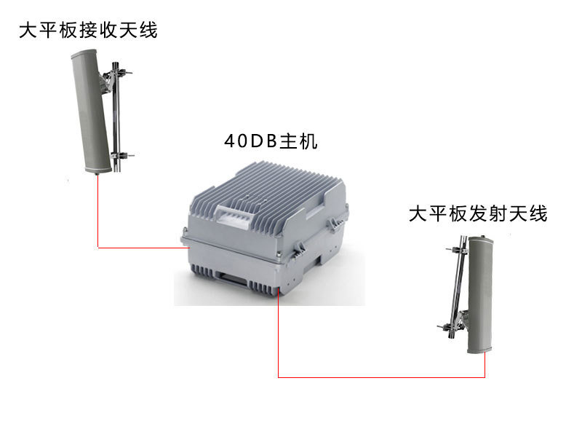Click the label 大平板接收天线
click(x=88, y=30)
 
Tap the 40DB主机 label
click(x=271, y=141)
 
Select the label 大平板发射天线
click(x=478, y=213)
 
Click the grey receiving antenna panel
click(x=90, y=111)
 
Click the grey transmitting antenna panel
click(x=480, y=294)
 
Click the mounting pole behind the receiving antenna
click(x=116, y=117)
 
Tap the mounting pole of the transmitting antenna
click(x=458, y=286)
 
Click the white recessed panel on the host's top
click(x=234, y=213)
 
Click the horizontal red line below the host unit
click(x=381, y=377)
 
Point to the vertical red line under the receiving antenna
click(x=98, y=211)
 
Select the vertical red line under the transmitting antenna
click(x=485, y=365)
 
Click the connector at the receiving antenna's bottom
click(x=97, y=173)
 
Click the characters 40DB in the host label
click(x=251, y=141)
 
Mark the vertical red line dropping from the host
click(x=279, y=334)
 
